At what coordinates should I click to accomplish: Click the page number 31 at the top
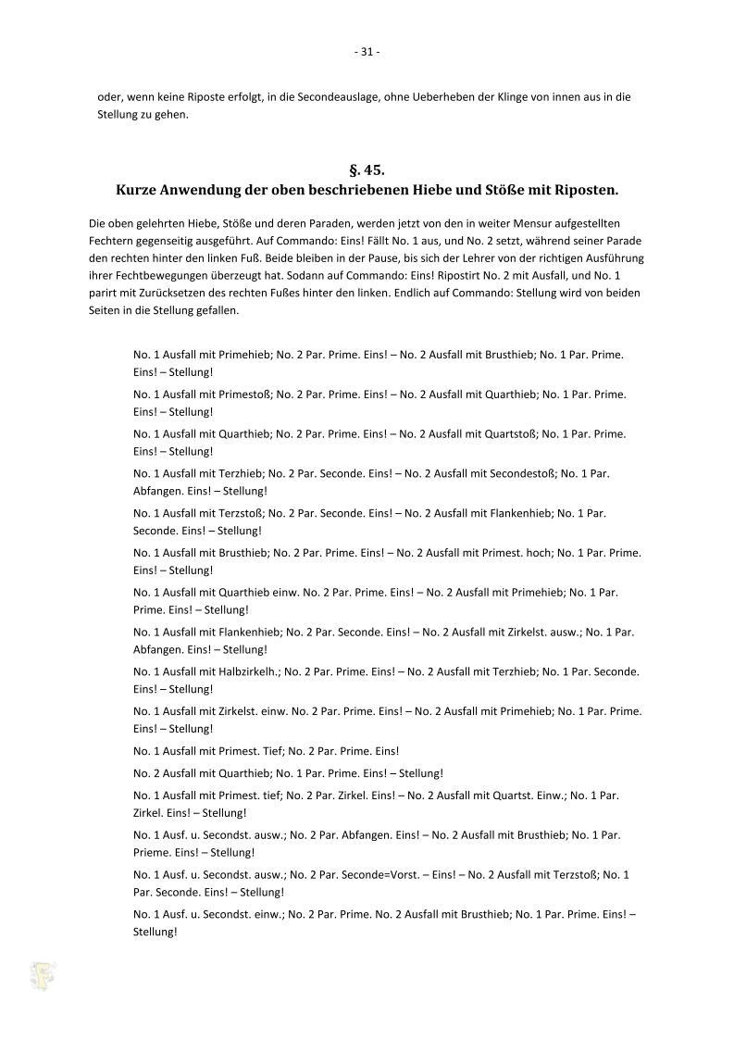pos(367,52)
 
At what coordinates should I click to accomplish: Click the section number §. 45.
pos(367,170)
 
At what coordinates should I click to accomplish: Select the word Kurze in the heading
pos(138,190)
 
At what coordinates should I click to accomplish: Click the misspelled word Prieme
pos(153,852)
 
